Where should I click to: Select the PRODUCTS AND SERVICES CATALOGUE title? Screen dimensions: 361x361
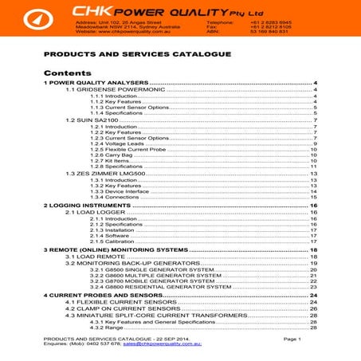tap(136, 54)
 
